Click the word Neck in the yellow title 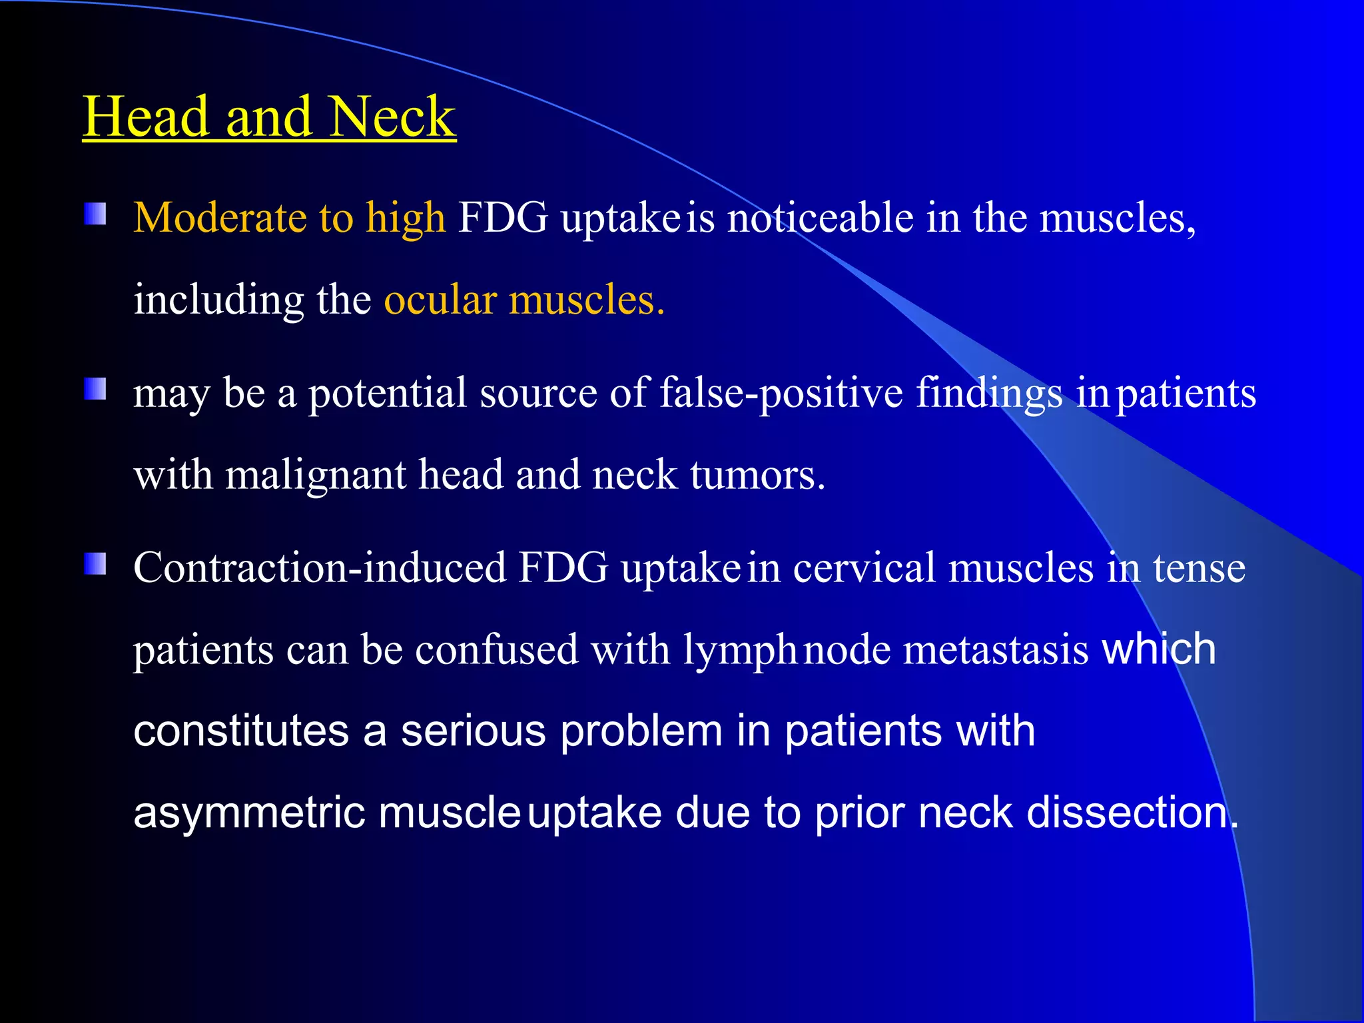click(x=392, y=117)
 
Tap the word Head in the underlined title click(x=147, y=117)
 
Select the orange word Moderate click(x=220, y=218)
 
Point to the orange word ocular click(x=440, y=300)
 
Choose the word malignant click(x=316, y=476)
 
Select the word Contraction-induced click(x=320, y=568)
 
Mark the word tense click(x=1199, y=568)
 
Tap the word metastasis click(x=996, y=649)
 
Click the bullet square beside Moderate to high click(x=95, y=214)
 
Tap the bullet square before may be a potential click(x=95, y=389)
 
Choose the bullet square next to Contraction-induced click(x=95, y=563)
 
